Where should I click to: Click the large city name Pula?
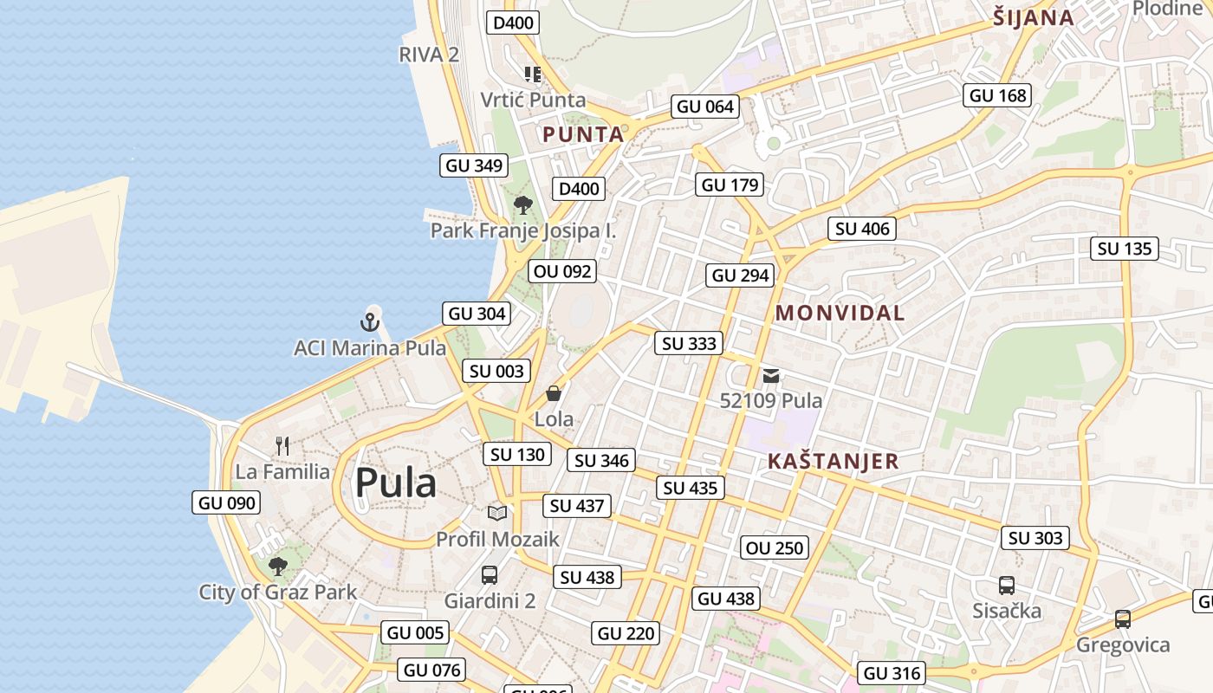395,483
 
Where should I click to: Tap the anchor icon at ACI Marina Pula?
370,323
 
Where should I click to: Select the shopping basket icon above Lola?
554,393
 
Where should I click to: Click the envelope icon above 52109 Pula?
771,376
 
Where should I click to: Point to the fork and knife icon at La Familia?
282,446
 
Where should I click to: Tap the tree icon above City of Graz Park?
278,567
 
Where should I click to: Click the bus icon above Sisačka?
1007,585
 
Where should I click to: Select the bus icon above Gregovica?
1123,619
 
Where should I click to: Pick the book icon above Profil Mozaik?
497,513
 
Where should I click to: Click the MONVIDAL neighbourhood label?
840,314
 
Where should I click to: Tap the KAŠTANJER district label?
834,462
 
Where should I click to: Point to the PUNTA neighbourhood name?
583,135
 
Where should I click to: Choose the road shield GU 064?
705,107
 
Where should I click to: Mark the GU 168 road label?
997,95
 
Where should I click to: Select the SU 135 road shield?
1125,249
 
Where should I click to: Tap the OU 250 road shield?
775,547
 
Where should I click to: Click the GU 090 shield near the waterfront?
227,502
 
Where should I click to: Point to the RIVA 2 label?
429,55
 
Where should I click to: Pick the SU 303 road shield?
1035,538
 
